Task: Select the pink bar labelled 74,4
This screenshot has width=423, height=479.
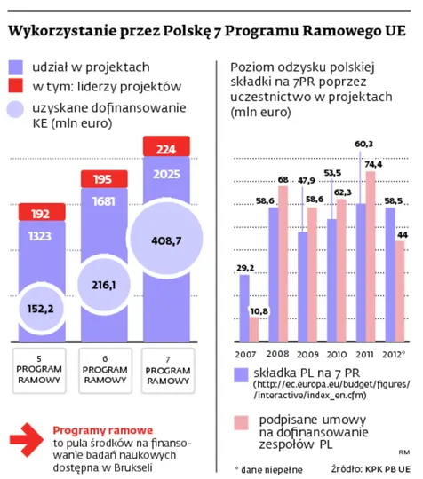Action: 371,257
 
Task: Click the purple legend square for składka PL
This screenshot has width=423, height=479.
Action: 240,373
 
